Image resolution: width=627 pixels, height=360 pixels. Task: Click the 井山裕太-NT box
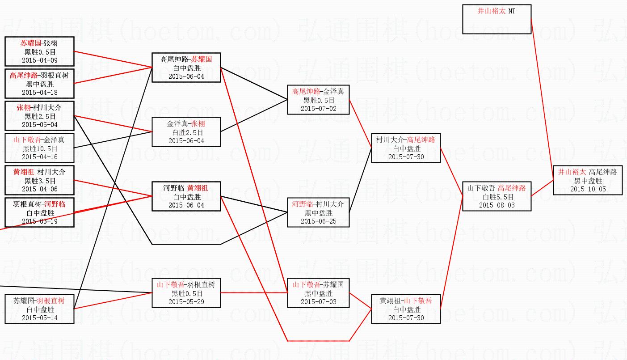coord(497,19)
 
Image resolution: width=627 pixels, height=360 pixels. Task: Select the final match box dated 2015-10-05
coord(588,180)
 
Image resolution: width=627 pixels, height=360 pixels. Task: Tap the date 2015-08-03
coord(497,205)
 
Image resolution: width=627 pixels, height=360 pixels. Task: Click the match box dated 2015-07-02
coord(318,100)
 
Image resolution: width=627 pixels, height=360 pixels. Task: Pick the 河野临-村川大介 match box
coord(318,212)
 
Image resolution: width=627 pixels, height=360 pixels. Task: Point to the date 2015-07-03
coord(318,302)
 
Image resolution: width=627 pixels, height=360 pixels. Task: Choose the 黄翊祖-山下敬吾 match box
coord(406,309)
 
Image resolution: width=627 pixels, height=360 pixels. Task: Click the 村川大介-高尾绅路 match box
coord(406,148)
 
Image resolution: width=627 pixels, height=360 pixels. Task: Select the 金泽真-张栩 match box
coord(186,132)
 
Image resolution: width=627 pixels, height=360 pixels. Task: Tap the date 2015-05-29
coord(186,302)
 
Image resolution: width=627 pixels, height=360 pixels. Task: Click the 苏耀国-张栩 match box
coord(39,51)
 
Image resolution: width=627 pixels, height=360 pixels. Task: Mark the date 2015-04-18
coord(39,93)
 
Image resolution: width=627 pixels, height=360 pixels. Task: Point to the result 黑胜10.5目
coord(39,148)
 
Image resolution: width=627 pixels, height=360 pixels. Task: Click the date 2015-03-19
coord(39,221)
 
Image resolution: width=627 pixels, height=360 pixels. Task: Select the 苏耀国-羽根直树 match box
coord(39,309)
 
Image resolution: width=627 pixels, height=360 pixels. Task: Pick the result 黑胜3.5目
coord(39,181)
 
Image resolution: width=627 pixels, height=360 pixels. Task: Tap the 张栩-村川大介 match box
coord(39,116)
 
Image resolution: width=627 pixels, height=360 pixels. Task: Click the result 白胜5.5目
coord(497,197)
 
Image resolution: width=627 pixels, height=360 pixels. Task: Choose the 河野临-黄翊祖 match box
coord(186,196)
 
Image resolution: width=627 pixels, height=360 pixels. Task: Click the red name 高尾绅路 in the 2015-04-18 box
coord(24,76)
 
